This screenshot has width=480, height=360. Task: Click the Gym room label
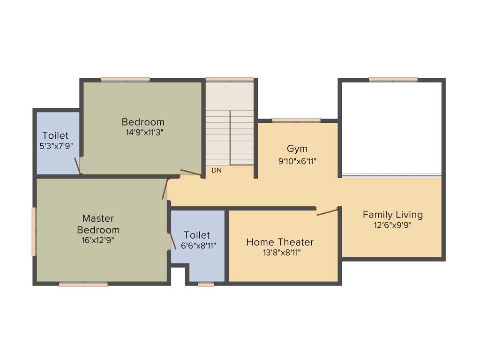pyautogui.click(x=297, y=149)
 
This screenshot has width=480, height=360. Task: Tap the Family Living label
pyautogui.click(x=392, y=215)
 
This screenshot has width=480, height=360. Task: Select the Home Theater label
pyautogui.click(x=280, y=242)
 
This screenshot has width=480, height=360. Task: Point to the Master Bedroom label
pyautogui.click(x=98, y=224)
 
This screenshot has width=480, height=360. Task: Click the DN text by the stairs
pyautogui.click(x=216, y=171)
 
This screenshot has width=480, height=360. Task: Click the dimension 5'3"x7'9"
pyautogui.click(x=55, y=146)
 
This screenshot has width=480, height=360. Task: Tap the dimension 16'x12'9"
pyautogui.click(x=97, y=240)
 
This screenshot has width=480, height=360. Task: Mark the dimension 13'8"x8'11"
pyautogui.click(x=280, y=253)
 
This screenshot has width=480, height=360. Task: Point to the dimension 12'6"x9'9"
pyautogui.click(x=392, y=225)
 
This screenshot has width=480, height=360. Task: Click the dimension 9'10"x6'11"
pyautogui.click(x=297, y=161)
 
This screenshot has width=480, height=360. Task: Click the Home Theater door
pyautogui.click(x=327, y=212)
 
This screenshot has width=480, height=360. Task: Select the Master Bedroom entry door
pyautogui.click(x=165, y=189)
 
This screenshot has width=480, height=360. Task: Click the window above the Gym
pyautogui.click(x=296, y=120)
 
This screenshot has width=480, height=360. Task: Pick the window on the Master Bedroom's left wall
pyautogui.click(x=34, y=232)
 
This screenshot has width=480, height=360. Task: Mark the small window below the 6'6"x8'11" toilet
pyautogui.click(x=206, y=284)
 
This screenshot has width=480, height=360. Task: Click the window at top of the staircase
pyautogui.click(x=230, y=79)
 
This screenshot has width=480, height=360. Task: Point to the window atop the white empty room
pyautogui.click(x=393, y=79)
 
